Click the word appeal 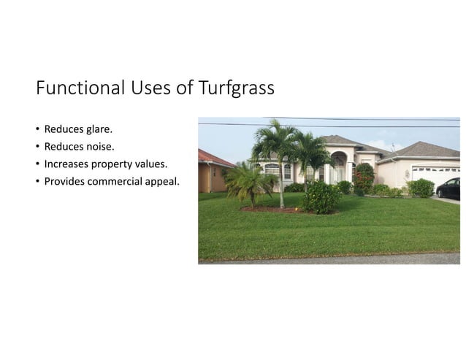pos(164,181)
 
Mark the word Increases pos(66,164)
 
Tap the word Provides pos(64,180)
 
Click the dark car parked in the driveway pos(448,188)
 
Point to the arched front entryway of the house pos(338,168)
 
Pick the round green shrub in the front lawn pos(321,197)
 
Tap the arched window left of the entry pos(272,172)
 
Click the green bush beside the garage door pos(420,188)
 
